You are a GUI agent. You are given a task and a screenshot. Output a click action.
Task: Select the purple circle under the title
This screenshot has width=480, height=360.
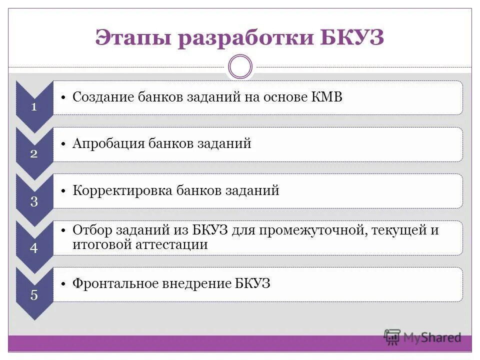pyautogui.click(x=240, y=66)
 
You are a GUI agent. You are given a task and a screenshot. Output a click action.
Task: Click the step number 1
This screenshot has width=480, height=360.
pyautogui.click(x=34, y=107)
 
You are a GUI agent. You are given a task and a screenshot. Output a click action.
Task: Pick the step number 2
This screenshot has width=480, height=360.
pyautogui.click(x=34, y=154)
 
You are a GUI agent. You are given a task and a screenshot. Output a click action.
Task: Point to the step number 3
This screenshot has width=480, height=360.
pyautogui.click(x=34, y=201)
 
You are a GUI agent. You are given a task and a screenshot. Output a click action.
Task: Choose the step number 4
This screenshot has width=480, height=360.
pyautogui.click(x=34, y=248)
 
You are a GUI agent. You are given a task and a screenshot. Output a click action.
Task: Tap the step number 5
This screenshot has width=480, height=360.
pyautogui.click(x=34, y=295)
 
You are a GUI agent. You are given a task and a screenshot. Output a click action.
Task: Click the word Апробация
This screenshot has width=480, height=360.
pyautogui.click(x=108, y=143)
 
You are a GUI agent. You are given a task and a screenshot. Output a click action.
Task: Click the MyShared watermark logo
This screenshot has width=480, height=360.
pyautogui.click(x=422, y=337)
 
